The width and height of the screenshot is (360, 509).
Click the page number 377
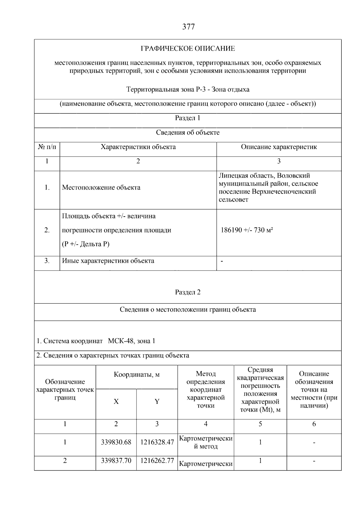[188, 27]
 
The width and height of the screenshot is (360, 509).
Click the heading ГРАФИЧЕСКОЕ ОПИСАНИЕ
[188, 49]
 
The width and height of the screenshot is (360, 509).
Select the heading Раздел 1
[187, 118]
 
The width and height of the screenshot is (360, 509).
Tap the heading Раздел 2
[187, 292]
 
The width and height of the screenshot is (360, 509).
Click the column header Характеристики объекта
[138, 147]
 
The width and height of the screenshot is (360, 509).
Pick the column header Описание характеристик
[279, 147]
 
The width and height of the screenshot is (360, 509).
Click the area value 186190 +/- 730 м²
[247, 230]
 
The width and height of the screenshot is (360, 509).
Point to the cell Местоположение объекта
[101, 188]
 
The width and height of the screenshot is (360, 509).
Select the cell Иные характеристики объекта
[108, 261]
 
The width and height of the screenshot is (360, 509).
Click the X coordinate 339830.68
[116, 442]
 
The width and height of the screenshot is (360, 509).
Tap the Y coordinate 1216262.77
[157, 461]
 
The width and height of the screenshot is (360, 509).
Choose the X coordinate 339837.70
[116, 461]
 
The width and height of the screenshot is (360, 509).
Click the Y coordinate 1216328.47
[157, 442]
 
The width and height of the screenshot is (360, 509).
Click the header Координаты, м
[136, 375]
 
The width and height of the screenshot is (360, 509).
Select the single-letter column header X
[116, 402]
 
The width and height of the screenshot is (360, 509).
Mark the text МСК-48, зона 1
[131, 341]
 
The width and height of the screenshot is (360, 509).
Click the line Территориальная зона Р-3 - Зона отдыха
[188, 90]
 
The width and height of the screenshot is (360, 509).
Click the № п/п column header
[47, 147]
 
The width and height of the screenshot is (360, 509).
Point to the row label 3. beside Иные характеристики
[47, 261]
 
